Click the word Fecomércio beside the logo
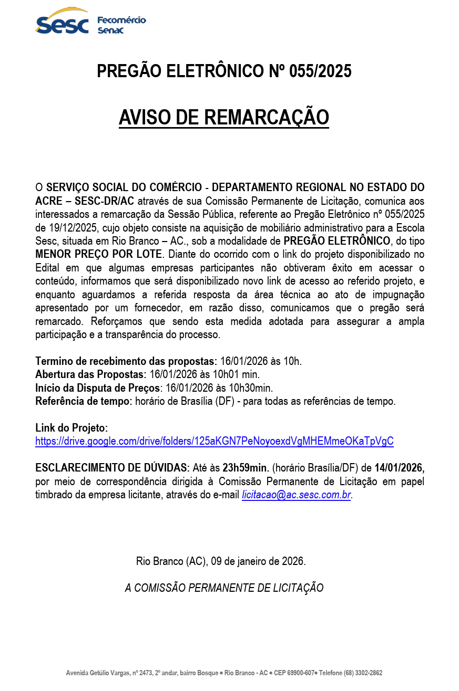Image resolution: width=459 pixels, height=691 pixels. coord(121,20)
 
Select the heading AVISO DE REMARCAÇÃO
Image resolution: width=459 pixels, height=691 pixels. coord(223,117)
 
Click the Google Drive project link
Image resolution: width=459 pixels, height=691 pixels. coord(214,441)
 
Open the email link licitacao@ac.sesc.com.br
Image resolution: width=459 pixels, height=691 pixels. coord(296,495)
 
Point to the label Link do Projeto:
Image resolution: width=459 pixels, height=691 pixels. coord(72,428)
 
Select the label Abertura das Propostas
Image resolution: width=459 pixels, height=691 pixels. coord(90,374)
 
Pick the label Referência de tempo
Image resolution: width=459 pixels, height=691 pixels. coord(83,402)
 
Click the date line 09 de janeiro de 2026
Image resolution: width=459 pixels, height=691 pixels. coord(258,561)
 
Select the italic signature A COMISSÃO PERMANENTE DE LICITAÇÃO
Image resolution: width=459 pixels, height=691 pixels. coord(224,588)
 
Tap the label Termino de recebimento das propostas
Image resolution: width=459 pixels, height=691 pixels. coord(126,361)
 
